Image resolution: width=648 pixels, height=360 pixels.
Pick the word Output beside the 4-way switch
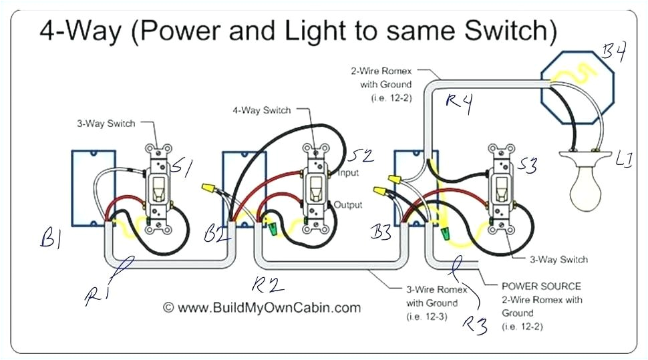[348, 204]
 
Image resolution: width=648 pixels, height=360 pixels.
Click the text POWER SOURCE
[541, 286]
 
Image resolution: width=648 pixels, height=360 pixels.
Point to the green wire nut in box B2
[273, 229]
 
